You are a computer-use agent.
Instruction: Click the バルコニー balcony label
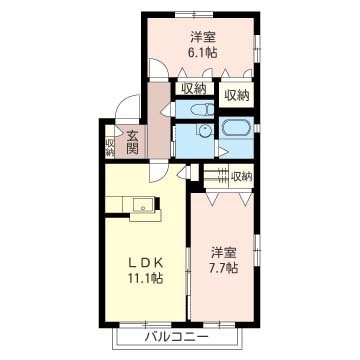point(176,337)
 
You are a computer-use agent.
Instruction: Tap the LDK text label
point(146,263)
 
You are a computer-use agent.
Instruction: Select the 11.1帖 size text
point(146,278)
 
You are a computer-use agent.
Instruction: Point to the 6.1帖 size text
point(203,53)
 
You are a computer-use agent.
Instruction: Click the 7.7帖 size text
point(224,268)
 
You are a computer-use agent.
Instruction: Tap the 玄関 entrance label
point(132,142)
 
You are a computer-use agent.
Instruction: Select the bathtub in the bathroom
point(236,128)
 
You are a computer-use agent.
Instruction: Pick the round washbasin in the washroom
point(203,130)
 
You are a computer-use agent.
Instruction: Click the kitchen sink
point(144,204)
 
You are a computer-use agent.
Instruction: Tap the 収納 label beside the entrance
point(110,148)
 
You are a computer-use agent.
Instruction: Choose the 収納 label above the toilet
point(193,89)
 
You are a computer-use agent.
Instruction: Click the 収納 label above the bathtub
point(237,96)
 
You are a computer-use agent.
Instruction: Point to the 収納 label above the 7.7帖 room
point(242,176)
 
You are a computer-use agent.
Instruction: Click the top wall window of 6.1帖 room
point(194,14)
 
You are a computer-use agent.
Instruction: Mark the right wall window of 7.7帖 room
point(257,251)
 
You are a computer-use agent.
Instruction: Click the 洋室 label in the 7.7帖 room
point(224,253)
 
